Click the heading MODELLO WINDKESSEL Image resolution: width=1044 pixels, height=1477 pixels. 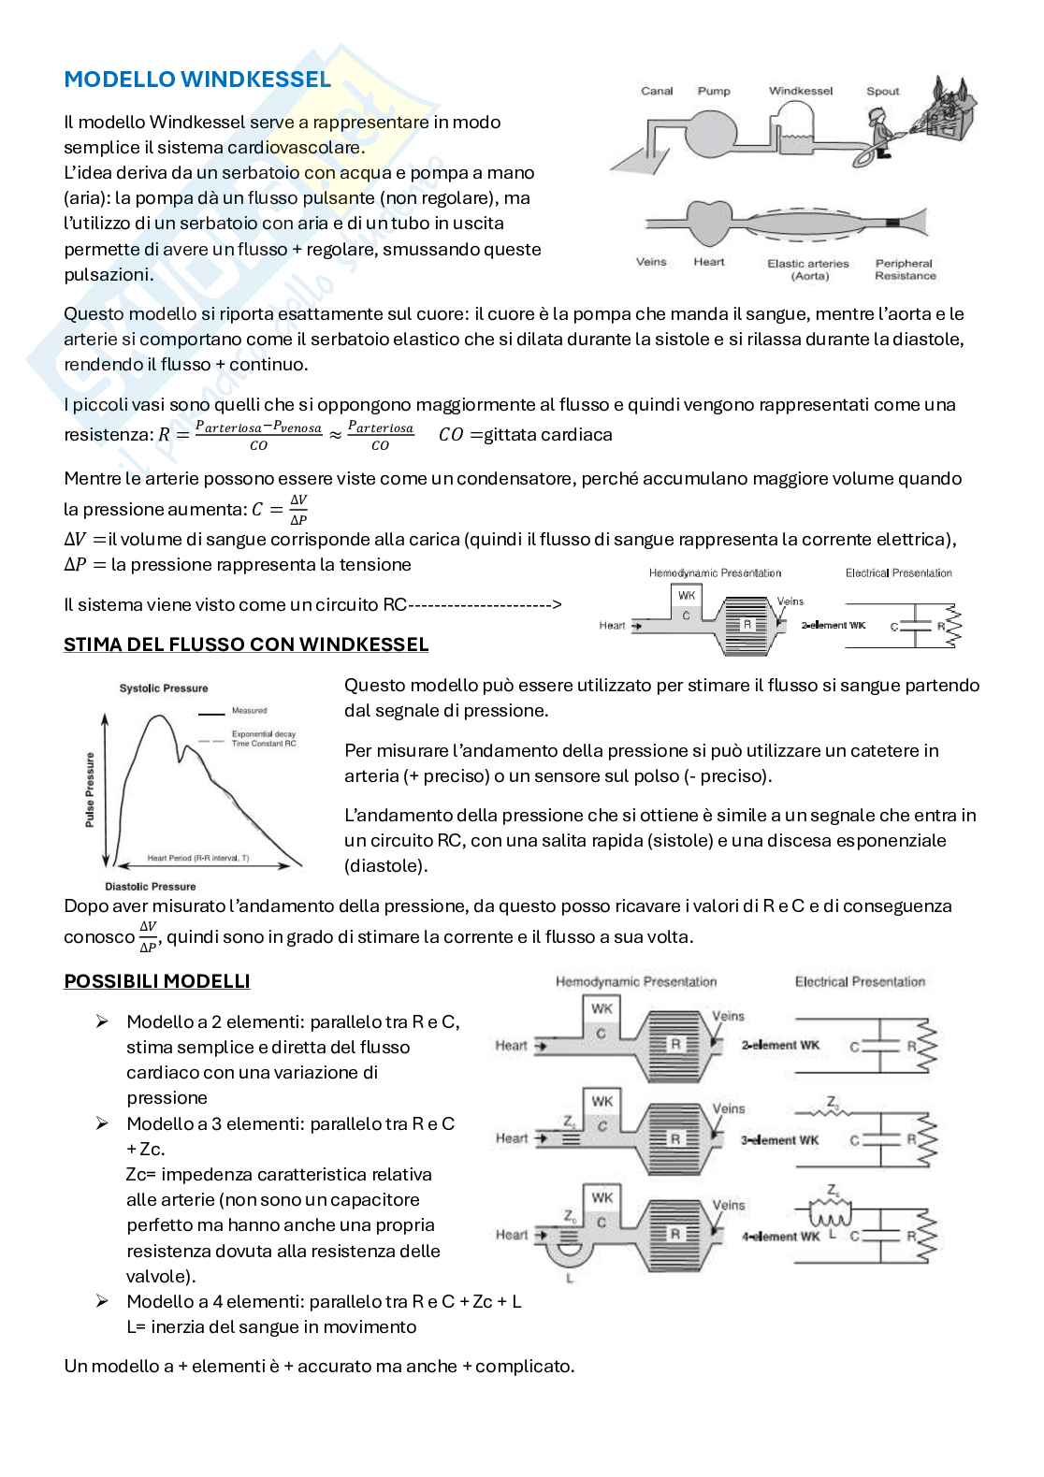(197, 80)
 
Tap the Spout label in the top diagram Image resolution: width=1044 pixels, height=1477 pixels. (882, 92)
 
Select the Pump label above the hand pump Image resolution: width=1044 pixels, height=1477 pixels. (714, 92)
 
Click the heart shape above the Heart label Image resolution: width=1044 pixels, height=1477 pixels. (708, 223)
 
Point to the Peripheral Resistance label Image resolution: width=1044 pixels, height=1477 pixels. (905, 269)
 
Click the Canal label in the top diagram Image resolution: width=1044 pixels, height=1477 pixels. (657, 92)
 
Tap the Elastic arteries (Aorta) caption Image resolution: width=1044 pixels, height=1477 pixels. (807, 269)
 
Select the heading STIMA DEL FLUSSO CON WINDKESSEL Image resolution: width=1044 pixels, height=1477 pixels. (246, 644)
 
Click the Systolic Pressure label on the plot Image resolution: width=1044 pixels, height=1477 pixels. (164, 688)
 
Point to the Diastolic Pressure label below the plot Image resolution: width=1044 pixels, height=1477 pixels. (151, 886)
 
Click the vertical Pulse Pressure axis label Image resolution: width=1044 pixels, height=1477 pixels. (91, 789)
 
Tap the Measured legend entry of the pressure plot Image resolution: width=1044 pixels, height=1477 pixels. (249, 711)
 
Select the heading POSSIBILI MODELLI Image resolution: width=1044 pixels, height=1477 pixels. (156, 981)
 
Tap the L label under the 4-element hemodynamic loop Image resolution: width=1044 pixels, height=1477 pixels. (570, 1278)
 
